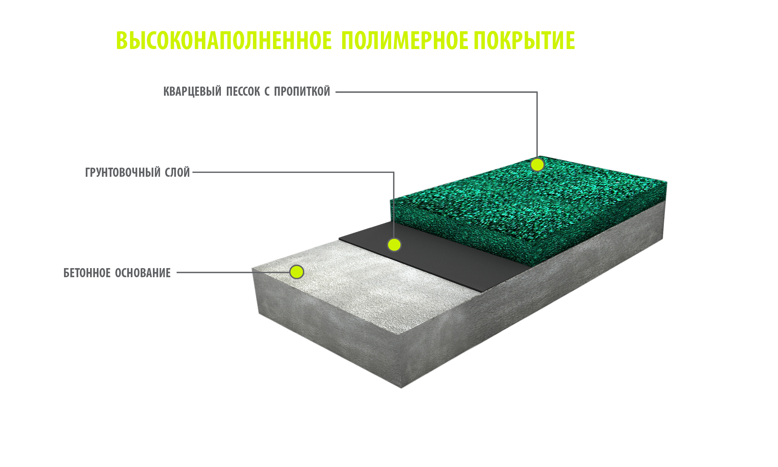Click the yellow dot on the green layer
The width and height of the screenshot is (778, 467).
[x=537, y=164]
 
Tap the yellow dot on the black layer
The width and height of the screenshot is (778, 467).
[x=394, y=245]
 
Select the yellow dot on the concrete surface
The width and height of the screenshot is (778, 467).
[x=296, y=272]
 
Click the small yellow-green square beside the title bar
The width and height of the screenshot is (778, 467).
[x=131, y=40]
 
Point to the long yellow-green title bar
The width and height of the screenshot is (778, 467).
[x=360, y=40]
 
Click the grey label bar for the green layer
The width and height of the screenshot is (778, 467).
[x=246, y=91]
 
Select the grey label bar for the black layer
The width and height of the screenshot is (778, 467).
[x=137, y=172]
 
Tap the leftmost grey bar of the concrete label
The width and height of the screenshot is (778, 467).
[x=117, y=272]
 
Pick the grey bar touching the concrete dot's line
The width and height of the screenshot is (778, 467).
[x=214, y=272]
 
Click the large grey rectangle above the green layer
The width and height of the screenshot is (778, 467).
[x=487, y=116]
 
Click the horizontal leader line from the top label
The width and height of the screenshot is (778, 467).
[x=385, y=92]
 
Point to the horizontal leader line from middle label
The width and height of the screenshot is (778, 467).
[x=241, y=172]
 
